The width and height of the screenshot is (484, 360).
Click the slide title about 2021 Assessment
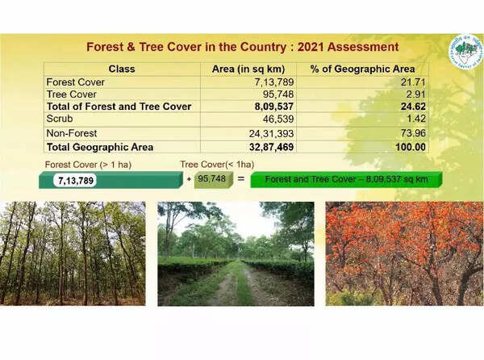[242, 47]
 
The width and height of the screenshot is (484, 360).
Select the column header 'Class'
[121, 69]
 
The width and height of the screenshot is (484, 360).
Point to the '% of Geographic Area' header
[369, 69]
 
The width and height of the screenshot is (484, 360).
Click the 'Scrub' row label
[60, 119]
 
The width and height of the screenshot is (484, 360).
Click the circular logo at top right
[465, 52]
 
